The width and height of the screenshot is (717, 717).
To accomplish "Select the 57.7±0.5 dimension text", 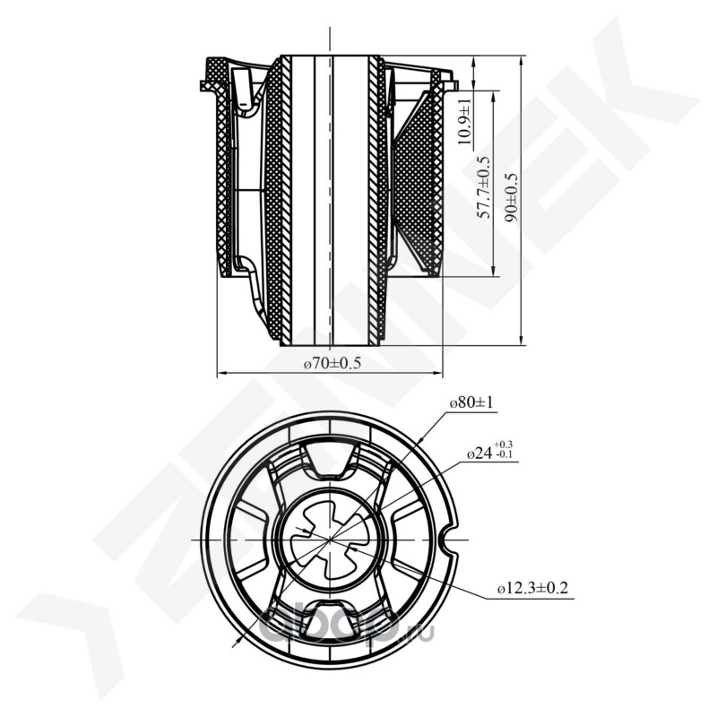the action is coord(484,188).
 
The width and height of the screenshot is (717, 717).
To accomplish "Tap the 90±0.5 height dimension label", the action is coord(511,197).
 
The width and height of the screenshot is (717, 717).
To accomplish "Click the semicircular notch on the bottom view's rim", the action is coord(451,540).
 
